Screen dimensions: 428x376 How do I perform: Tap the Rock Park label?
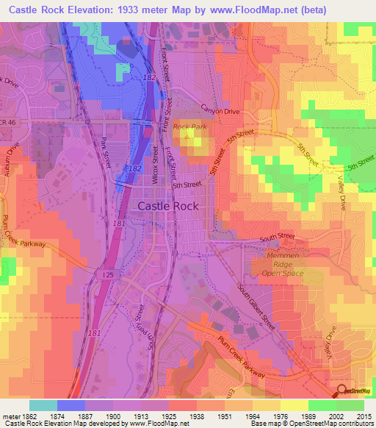(190, 127)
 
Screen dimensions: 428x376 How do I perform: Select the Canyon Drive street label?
(220, 111)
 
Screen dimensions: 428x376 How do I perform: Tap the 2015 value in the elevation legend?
(364, 415)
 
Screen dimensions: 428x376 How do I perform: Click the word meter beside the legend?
(8, 415)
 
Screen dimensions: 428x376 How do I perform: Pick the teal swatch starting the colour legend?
(43, 405)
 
